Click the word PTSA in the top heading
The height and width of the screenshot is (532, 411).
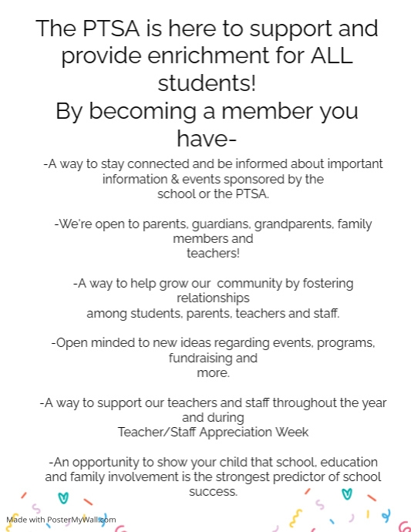pos(113,29)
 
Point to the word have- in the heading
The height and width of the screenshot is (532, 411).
pos(206,139)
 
